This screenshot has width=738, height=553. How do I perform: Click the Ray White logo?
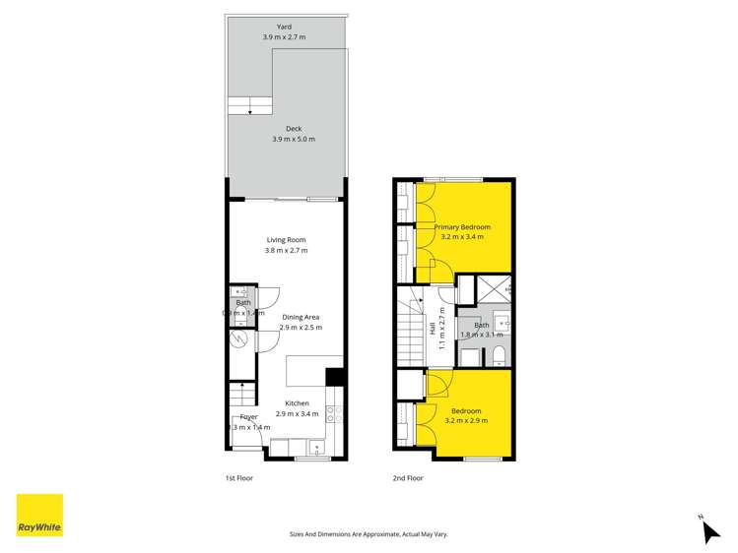[x=39, y=517]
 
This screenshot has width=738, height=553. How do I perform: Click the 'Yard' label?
[x=284, y=27]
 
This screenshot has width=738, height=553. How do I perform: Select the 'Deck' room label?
[x=294, y=129]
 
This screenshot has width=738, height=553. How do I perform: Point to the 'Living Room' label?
[x=286, y=240]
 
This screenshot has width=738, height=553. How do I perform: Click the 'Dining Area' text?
[x=299, y=317]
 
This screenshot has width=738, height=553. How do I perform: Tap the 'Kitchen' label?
[x=297, y=403]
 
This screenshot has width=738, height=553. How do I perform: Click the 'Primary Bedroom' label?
[x=462, y=227]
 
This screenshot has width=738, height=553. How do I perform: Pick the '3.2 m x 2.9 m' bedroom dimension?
[x=467, y=421]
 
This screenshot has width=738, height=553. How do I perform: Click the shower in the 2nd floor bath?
[x=492, y=287]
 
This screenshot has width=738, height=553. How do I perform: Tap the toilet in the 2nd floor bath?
[x=498, y=354]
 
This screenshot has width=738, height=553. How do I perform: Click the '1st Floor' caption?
[x=239, y=478]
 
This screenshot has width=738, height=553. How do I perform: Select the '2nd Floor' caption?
[x=408, y=478]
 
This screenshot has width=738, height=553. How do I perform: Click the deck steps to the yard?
[x=250, y=105]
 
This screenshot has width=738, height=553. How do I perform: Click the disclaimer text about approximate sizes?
[x=369, y=533]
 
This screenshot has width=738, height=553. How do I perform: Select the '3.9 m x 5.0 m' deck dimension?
[x=294, y=140]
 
